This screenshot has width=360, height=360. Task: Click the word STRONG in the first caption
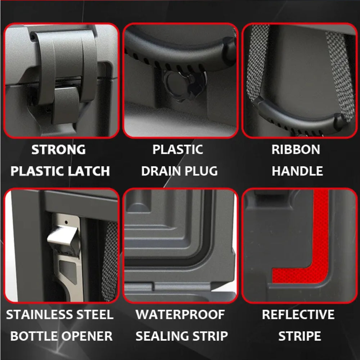coord(58,149)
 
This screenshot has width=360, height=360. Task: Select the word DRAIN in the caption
coord(161,171)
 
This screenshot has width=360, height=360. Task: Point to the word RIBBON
coord(296,149)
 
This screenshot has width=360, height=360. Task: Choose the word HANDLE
coord(297,171)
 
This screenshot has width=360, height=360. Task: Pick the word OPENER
coord(87,336)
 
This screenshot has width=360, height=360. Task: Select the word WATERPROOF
coord(180,315)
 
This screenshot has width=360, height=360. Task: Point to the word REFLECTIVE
coord(298,315)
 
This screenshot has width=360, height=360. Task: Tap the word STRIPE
coord(300,336)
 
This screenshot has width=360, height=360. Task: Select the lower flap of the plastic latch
coord(66,104)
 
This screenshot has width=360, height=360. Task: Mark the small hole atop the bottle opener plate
coord(66,222)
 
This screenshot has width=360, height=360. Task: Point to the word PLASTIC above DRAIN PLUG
coord(177,149)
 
